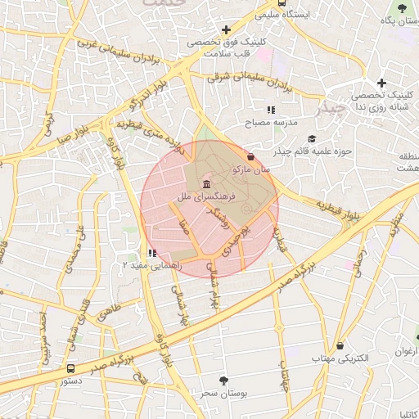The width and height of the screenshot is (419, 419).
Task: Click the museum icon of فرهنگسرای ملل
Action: pos(205,182)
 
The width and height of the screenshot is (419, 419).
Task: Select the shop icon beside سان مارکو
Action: pos(250,156)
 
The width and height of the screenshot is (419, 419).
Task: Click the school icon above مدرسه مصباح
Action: pos(271,110)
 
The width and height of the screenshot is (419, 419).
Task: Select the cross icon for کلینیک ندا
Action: pos(382,83)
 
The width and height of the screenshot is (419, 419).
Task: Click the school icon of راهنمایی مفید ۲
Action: pos(152,253)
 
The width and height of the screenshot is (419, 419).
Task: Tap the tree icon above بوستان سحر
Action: pos(223,381)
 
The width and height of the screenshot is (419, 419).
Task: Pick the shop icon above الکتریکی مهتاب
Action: pos(340,345)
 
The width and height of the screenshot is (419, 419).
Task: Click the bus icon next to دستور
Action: pos(71,369)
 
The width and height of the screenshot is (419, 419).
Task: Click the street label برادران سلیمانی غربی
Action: pos(116,52)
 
